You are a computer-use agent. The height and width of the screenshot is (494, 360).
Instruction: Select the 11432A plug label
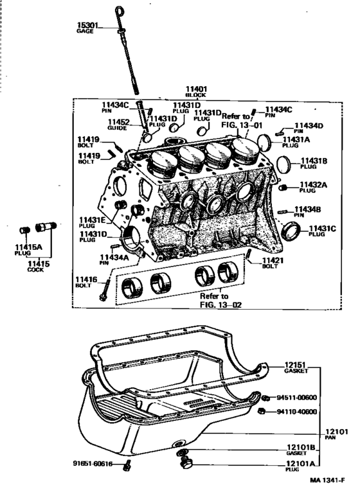[x=313, y=187]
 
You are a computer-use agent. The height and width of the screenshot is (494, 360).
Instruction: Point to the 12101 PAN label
[x=336, y=434]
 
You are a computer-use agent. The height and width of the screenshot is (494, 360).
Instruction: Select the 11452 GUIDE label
[x=119, y=125]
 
